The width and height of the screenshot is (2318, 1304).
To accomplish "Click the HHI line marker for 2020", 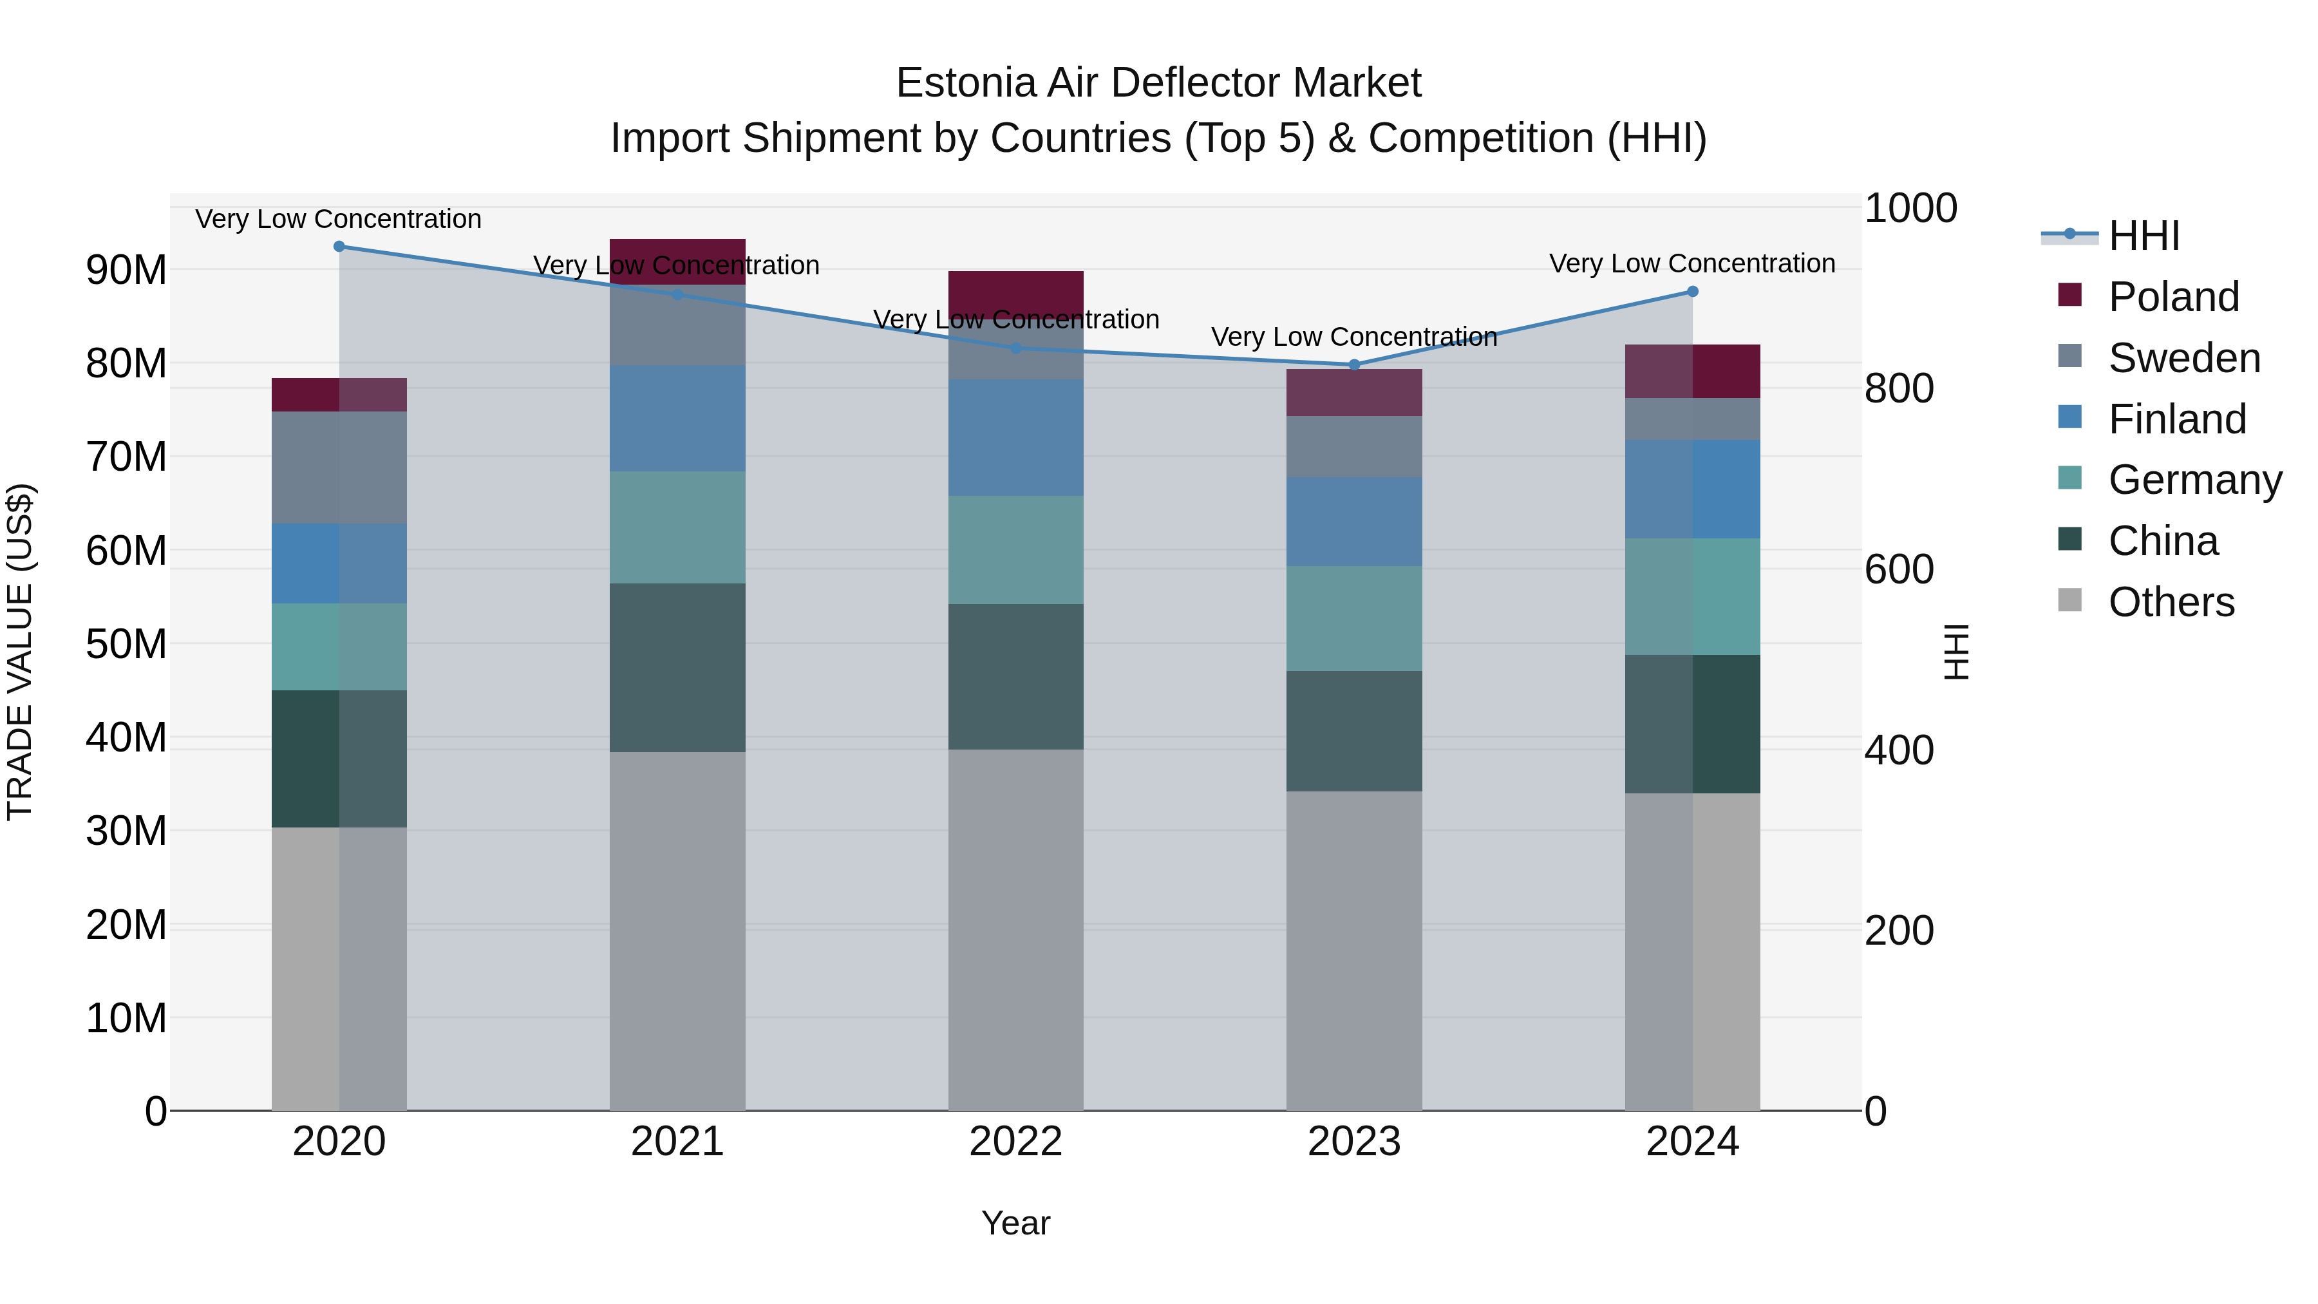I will click(x=339, y=247).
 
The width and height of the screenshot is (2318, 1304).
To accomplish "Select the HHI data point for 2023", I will click(x=1354, y=364).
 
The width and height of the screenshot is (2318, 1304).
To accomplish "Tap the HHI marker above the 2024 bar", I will click(x=1691, y=292).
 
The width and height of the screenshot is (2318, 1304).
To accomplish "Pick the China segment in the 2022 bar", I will click(x=1016, y=677).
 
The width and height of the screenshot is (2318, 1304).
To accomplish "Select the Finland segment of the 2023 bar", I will click(x=1354, y=522).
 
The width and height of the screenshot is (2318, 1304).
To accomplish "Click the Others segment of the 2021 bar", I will click(x=677, y=931).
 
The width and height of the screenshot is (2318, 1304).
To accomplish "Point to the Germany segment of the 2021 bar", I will click(x=677, y=527).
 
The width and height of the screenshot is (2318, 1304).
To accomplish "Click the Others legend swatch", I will click(x=2069, y=600).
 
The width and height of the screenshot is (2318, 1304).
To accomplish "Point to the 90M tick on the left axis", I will click(x=126, y=270).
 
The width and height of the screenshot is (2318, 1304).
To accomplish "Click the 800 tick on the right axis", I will click(x=1899, y=389).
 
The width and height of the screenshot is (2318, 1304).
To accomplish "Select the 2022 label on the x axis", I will click(x=1016, y=1142).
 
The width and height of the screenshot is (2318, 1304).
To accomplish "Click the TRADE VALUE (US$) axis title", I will click(x=21, y=652).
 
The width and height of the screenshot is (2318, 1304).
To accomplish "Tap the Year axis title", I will click(x=1016, y=1223).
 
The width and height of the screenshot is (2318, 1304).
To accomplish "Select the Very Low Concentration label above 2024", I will click(x=1691, y=263).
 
